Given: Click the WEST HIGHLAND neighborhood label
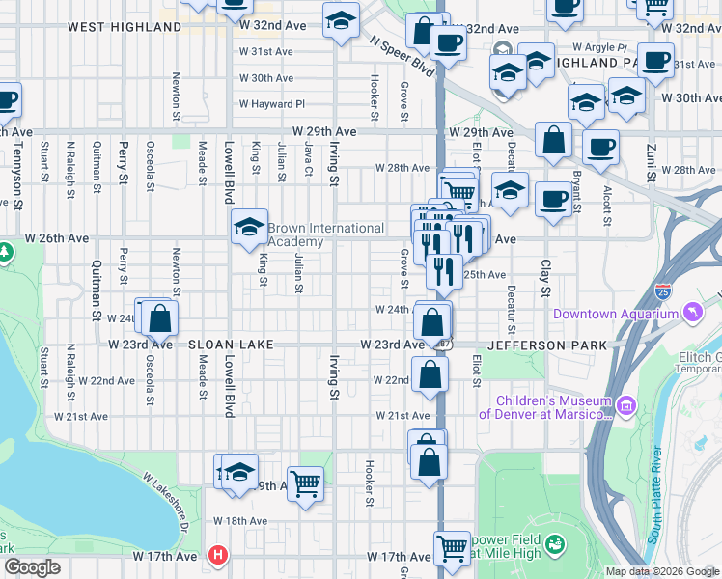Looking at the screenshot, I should pos(125,27).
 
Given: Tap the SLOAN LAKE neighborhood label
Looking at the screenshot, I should pos(231,345).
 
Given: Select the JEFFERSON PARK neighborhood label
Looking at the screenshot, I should pos(547,345).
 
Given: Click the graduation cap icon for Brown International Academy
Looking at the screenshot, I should pos(249,229).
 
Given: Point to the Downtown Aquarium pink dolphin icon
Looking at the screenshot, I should pos(692,314).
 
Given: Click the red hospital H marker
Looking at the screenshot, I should pos(218,556).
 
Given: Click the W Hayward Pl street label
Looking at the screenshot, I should pos(271,104).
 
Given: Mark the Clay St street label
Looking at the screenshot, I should pos(545,277).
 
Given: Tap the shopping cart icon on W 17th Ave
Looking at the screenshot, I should pos(451,549).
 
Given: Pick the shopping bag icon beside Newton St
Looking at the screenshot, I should pos(160,317).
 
